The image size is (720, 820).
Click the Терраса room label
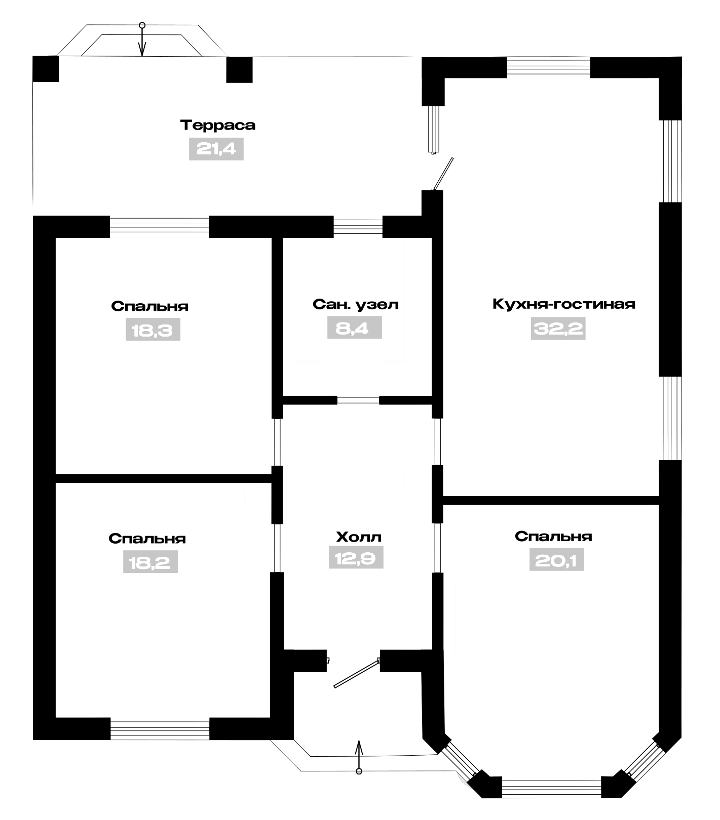pos(218,125)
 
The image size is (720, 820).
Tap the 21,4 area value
pos(216,149)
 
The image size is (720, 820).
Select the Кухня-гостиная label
pos(563,304)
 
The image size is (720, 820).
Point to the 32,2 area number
pos(558,329)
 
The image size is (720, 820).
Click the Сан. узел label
pos(356,304)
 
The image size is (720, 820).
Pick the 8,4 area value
pos(354,328)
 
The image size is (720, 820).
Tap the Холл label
pos(358,537)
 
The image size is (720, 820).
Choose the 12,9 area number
pos(356,558)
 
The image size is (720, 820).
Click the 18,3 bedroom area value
pos(153,331)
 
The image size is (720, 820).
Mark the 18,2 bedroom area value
pos(150,562)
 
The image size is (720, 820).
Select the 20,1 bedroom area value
pos(556,560)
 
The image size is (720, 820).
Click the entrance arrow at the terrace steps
pos(142,39)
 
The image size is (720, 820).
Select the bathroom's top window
pos(358,226)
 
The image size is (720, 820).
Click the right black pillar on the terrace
pos(239,69)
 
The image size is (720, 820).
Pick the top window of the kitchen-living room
pos(549,67)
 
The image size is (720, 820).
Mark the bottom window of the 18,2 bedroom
pos(160,729)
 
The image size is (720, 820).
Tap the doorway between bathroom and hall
pos(358,400)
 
